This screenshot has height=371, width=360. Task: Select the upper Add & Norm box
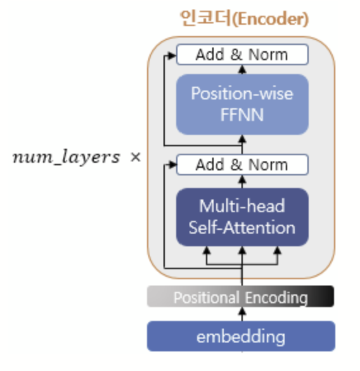(x=241, y=54)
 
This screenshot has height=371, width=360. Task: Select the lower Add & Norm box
(x=241, y=165)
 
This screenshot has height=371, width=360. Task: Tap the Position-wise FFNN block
(x=241, y=104)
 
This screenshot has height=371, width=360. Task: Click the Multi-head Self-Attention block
(x=241, y=217)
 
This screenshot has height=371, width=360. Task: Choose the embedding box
(x=241, y=336)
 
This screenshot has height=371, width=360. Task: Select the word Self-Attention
(x=241, y=227)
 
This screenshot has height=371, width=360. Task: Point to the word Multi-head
(x=241, y=206)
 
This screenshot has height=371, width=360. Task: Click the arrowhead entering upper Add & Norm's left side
(x=172, y=55)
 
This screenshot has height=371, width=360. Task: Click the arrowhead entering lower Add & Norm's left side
(x=172, y=165)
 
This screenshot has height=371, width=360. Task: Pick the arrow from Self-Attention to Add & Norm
(x=241, y=182)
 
